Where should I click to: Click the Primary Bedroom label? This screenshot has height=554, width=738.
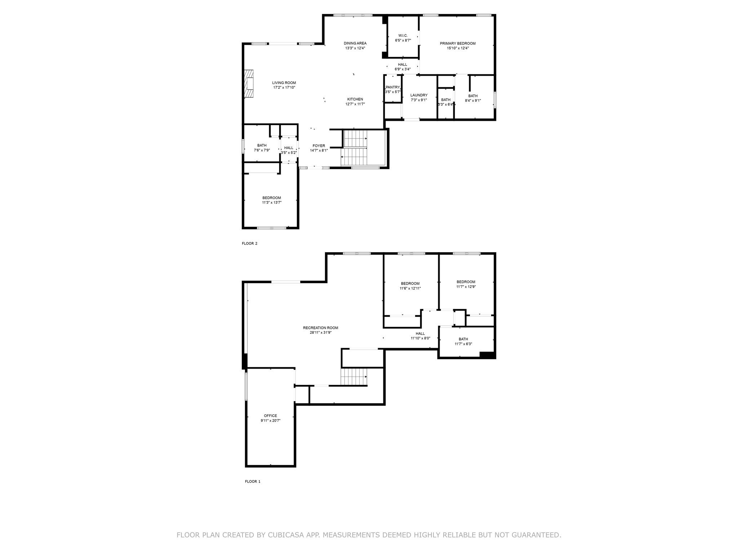pyautogui.click(x=458, y=43)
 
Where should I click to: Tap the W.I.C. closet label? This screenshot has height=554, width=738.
pyautogui.click(x=403, y=35)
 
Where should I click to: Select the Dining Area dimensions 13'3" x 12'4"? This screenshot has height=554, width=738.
pyautogui.click(x=355, y=48)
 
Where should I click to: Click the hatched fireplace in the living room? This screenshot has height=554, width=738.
pyautogui.click(x=249, y=84)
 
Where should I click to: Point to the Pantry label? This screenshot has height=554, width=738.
pyautogui.click(x=392, y=87)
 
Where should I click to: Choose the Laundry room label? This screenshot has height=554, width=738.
pyautogui.click(x=419, y=95)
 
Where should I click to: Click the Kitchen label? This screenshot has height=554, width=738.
pyautogui.click(x=355, y=99)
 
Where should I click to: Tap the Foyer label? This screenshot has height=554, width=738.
pyautogui.click(x=319, y=146)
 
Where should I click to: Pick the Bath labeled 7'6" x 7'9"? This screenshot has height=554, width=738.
pyautogui.click(x=262, y=145)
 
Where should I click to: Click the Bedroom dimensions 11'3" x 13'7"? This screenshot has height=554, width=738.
pyautogui.click(x=271, y=203)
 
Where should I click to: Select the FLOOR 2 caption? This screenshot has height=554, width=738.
pyautogui.click(x=249, y=243)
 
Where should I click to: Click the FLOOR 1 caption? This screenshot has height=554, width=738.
pyautogui.click(x=252, y=482)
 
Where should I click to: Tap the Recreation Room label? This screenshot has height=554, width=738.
pyautogui.click(x=320, y=328)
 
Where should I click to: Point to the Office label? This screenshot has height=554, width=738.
pyautogui.click(x=270, y=416)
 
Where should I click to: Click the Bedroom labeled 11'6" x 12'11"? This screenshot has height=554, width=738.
pyautogui.click(x=410, y=283)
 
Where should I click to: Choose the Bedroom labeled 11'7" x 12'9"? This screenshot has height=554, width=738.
pyautogui.click(x=466, y=282)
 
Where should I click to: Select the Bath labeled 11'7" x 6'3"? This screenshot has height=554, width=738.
pyautogui.click(x=463, y=339)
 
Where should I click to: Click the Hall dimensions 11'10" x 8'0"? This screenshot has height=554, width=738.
pyautogui.click(x=420, y=338)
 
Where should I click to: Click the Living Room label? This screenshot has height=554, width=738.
pyautogui.click(x=284, y=83)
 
